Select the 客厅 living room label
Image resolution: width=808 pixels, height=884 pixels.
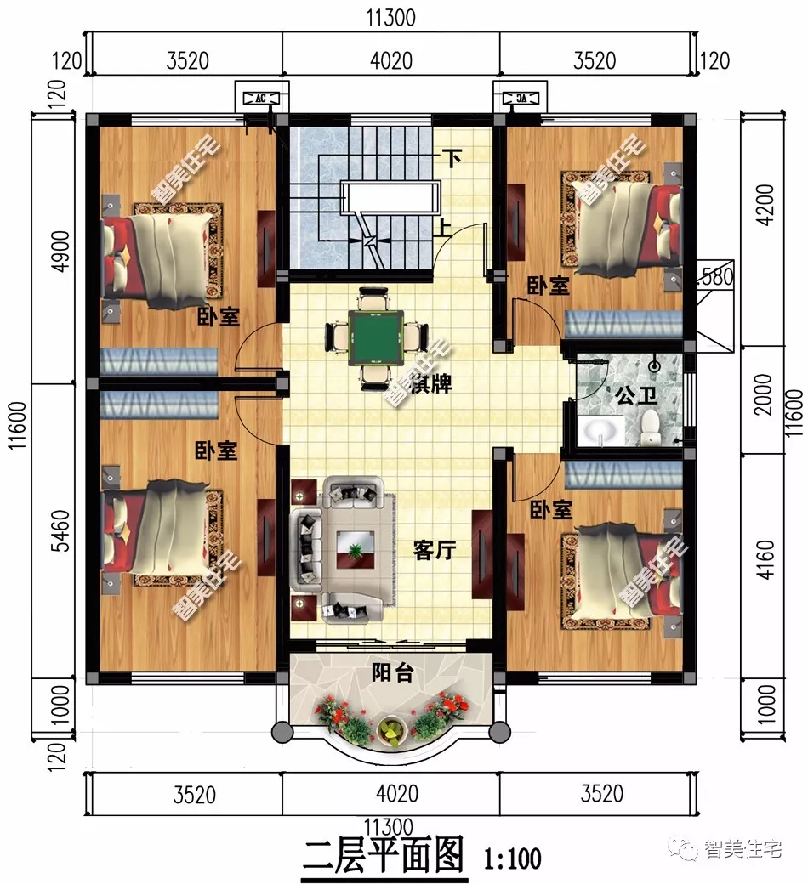coord(434,550)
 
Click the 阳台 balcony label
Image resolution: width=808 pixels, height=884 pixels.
coord(393,673)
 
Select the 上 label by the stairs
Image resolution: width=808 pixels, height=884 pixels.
coord(445,227)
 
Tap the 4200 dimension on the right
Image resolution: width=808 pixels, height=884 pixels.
coord(764,207)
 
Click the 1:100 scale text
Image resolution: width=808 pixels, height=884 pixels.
coord(512,858)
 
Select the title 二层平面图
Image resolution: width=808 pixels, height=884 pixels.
coord(384,855)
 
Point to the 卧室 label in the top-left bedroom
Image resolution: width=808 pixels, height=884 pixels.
coord(218,317)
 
